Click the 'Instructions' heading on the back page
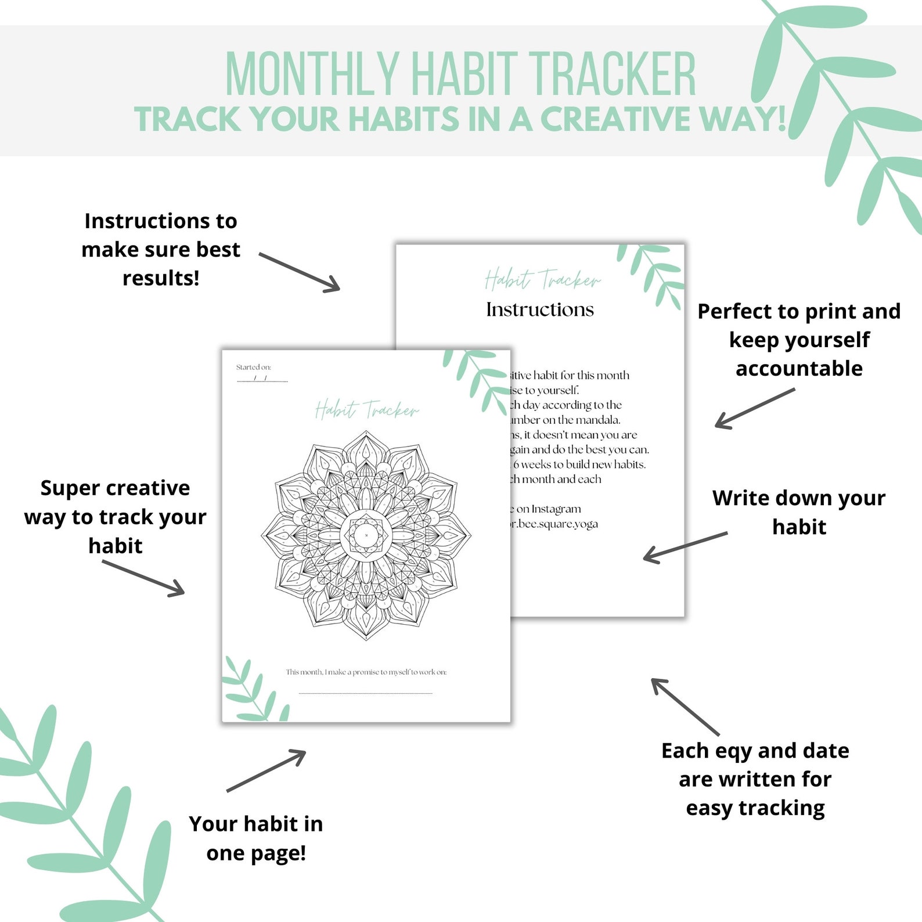coord(540,309)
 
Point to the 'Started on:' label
coord(254,367)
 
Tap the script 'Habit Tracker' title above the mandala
coord(366,410)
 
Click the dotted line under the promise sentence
coord(366,693)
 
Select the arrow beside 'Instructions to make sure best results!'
coord(300,272)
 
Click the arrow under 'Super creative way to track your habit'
coord(143,578)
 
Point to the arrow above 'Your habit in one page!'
coord(266,770)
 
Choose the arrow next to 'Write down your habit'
coord(685,547)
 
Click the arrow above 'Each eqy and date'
coord(685,707)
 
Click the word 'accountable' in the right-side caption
coord(799,369)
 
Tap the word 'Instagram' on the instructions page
coord(556,509)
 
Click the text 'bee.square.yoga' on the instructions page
coord(557,524)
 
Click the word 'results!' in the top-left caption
coord(161,278)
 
